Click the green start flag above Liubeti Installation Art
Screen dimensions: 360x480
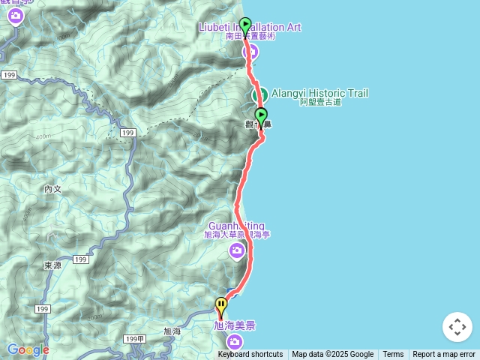coord(244,25)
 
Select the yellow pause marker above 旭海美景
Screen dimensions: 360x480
coord(221,305)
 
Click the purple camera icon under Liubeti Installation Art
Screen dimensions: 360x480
coord(250,51)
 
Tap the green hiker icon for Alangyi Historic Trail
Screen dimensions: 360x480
coord(261,94)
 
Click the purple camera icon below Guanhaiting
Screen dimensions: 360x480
coord(237,250)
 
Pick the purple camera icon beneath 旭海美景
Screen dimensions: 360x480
coord(235,343)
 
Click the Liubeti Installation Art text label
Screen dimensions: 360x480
coord(250,28)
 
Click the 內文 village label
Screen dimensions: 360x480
coord(52,190)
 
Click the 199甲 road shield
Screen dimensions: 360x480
coord(133,340)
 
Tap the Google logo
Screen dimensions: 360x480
coord(28,349)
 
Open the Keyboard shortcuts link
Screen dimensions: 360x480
coord(250,355)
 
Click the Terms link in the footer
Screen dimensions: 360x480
coord(393,355)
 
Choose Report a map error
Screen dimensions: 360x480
coord(444,355)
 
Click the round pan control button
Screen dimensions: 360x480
coord(457,327)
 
